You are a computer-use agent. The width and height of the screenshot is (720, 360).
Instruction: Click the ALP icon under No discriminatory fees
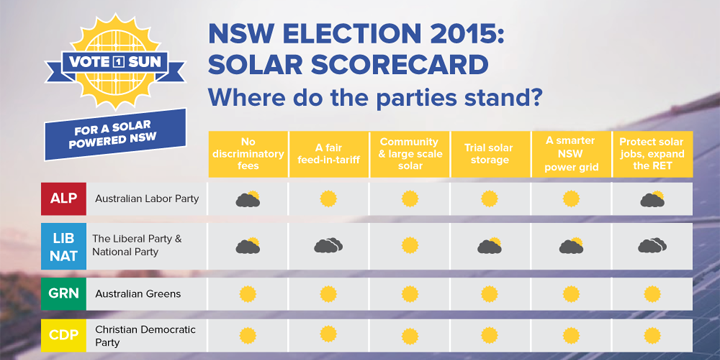tap(247, 199)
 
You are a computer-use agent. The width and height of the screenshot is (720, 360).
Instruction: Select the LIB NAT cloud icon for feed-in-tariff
tap(328, 246)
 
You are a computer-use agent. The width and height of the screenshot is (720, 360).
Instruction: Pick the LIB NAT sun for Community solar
tap(408, 246)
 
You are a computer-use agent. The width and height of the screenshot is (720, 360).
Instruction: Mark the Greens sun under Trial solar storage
tap(489, 294)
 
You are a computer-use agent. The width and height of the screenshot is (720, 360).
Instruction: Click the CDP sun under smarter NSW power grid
tap(570, 334)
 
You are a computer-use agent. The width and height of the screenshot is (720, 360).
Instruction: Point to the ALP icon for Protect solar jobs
tap(652, 199)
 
